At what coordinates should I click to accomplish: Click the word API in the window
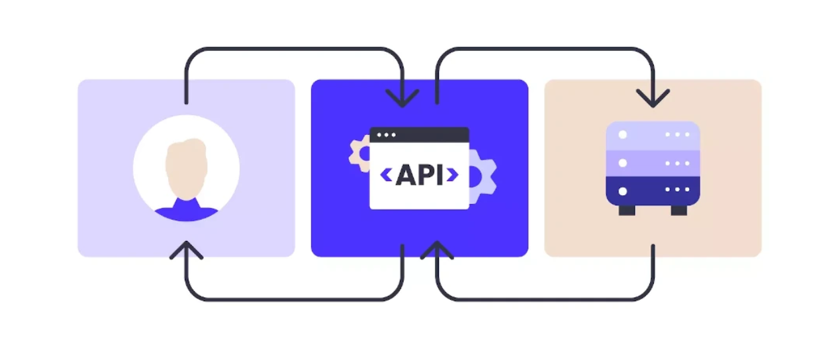tap(418, 175)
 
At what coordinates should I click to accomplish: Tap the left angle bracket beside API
tap(386, 175)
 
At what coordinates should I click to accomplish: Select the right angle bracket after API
tap(452, 175)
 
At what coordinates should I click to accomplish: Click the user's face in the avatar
tap(186, 173)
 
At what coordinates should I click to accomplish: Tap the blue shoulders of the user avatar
tap(186, 213)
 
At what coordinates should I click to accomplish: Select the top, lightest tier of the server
tap(653, 134)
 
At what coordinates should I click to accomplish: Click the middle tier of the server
tap(653, 163)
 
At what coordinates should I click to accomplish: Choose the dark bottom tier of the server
tap(653, 191)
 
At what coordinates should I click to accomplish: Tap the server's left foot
tap(627, 210)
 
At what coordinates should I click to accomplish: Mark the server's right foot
tap(678, 210)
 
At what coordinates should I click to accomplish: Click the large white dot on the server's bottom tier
tap(622, 191)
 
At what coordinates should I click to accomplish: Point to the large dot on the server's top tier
tap(622, 134)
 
